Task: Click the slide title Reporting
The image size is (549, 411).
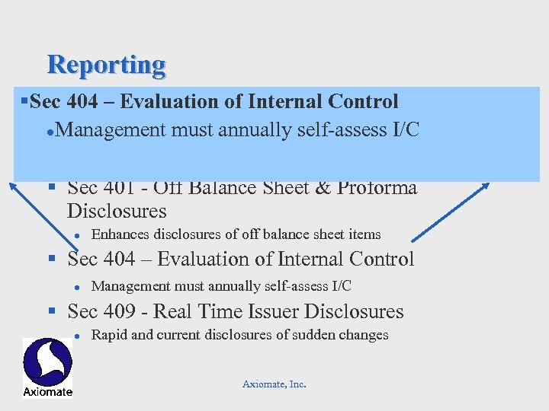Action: coord(106,65)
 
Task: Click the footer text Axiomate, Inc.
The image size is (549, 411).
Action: coord(274,384)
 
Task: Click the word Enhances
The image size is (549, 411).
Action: coord(120,234)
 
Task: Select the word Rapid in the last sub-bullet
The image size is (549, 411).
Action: coord(108,335)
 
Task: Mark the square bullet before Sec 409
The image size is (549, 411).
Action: coord(53,311)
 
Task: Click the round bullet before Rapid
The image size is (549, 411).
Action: coord(77,336)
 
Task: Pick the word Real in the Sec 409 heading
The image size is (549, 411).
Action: coord(193,311)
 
